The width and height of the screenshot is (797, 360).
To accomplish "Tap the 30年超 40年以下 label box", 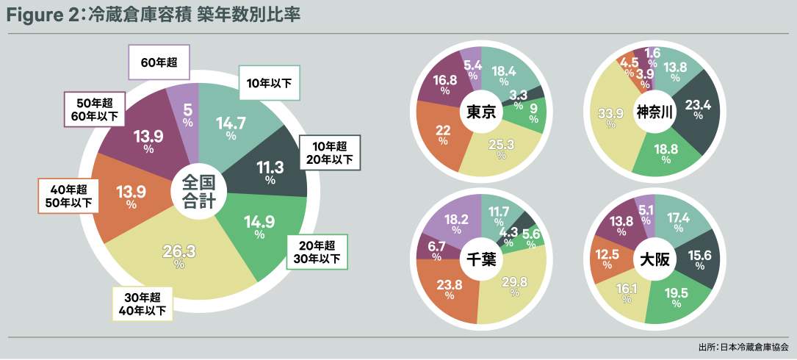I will point(143,303).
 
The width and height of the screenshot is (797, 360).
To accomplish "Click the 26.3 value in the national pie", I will point(179,253).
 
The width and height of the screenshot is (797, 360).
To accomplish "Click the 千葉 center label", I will point(481,259).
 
